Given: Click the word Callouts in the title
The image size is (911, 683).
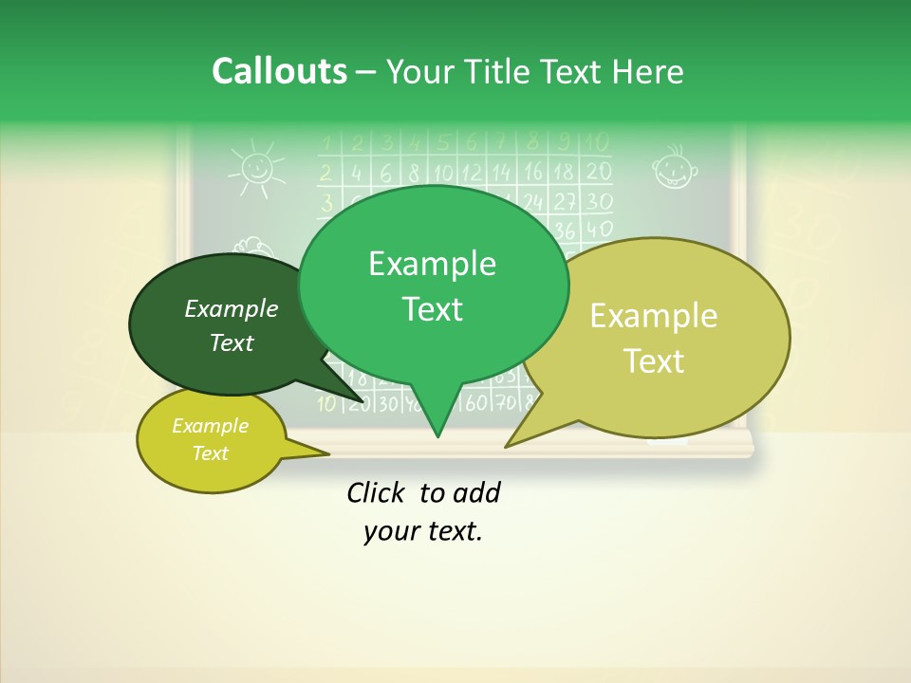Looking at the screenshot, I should (279, 71).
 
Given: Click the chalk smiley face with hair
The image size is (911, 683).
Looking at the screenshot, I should (675, 168).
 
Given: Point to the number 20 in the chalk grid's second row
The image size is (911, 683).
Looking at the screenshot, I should (598, 172).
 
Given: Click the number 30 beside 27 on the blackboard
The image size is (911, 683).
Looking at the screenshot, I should (598, 201).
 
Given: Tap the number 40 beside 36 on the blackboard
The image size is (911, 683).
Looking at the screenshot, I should (598, 230).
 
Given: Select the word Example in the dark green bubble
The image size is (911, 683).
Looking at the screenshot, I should (232, 308).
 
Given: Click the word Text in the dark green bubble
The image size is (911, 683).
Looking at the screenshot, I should (232, 342).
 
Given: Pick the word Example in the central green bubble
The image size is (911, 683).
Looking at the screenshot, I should (432, 264).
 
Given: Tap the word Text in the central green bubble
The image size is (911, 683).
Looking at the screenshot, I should (432, 309).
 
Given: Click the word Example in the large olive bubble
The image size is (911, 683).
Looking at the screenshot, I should (654, 316).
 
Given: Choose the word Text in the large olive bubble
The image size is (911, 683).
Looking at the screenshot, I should (654, 360).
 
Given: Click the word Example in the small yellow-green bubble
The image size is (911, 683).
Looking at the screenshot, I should (210, 426).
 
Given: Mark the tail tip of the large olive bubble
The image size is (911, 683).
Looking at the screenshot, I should (507, 446).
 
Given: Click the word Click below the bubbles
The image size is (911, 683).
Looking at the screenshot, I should (379, 492).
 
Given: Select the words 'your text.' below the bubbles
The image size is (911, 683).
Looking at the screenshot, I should (423, 531).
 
